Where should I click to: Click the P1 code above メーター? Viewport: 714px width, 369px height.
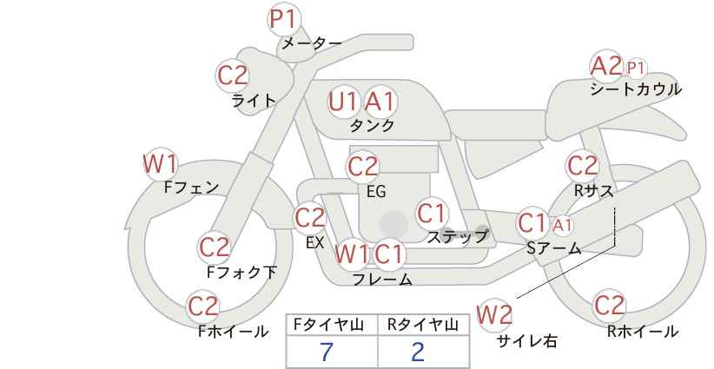coord(284,20)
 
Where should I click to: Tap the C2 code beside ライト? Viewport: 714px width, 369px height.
coord(233,76)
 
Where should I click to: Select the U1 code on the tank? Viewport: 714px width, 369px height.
coord(343,102)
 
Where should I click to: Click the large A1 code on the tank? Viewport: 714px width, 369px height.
coord(380,102)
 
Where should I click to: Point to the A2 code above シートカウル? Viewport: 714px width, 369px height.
coord(606,66)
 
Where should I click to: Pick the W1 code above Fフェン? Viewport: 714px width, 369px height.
coord(160,164)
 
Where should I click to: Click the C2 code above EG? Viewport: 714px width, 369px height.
coord(362,167)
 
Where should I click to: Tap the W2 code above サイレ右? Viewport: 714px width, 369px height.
coord(494,315)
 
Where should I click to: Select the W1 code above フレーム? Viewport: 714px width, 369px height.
coord(352,254)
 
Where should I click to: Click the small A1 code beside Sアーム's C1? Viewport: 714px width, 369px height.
coord(562,225)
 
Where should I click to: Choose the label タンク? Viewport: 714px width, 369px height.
coord(372,126)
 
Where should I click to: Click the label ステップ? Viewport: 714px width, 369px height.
coord(457,237)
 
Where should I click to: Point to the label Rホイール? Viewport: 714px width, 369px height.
coord(643,332)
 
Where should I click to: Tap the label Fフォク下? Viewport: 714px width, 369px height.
coord(241,272)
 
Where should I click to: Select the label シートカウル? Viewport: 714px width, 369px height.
coord(636,89)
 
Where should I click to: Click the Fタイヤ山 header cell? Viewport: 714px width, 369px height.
coord(332,325)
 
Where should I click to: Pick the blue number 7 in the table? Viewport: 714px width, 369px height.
coord(327,352)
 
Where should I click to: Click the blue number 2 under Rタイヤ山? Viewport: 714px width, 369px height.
coord(418,352)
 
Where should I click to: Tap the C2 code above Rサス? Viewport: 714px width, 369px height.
coord(582,166)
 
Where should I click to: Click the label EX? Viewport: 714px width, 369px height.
coord(314,242)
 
